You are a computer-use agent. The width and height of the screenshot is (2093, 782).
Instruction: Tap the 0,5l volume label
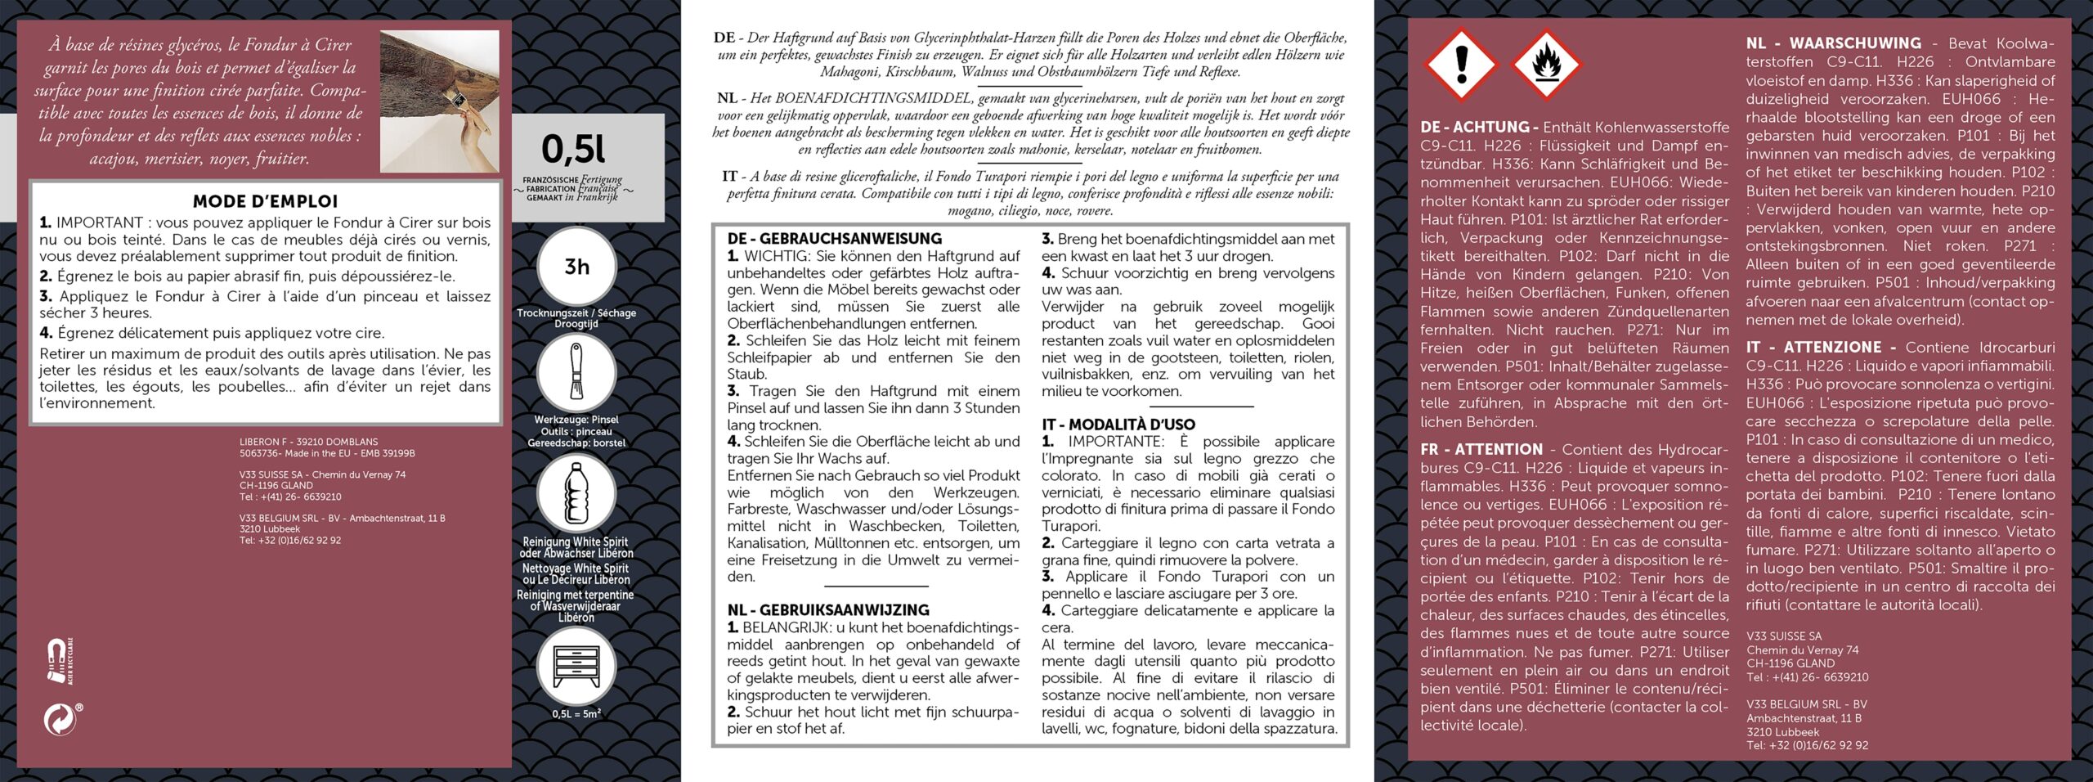pyautogui.click(x=574, y=149)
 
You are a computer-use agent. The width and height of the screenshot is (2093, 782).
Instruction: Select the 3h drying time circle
pyautogui.click(x=576, y=267)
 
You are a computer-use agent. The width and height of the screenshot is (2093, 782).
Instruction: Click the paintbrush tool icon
pyautogui.click(x=576, y=373)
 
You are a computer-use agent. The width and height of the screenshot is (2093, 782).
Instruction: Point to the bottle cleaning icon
pyautogui.click(x=576, y=493)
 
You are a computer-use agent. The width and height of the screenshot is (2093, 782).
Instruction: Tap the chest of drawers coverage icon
pyautogui.click(x=576, y=669)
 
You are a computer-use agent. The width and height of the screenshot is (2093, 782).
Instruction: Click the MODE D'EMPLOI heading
pyautogui.click(x=265, y=201)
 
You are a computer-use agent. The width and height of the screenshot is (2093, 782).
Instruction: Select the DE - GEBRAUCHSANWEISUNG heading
pyautogui.click(x=835, y=239)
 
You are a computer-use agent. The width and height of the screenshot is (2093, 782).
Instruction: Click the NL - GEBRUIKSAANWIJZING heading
pyautogui.click(x=828, y=610)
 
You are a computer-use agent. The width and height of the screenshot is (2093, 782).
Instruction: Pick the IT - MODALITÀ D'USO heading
pyautogui.click(x=1118, y=425)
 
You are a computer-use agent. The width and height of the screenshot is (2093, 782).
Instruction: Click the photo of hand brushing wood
pyautogui.click(x=440, y=101)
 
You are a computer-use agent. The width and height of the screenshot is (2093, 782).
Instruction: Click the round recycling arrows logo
pyautogui.click(x=60, y=720)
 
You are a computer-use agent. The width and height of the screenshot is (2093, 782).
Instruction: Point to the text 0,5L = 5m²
pyautogui.click(x=576, y=713)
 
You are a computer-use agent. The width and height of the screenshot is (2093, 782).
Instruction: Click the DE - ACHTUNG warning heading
pyautogui.click(x=1479, y=127)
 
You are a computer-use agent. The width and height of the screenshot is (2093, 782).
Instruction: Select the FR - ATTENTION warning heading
pyautogui.click(x=1481, y=449)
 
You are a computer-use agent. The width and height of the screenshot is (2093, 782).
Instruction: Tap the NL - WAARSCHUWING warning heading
pyautogui.click(x=1833, y=43)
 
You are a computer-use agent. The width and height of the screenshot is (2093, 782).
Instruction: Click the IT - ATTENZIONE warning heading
pyautogui.click(x=1820, y=348)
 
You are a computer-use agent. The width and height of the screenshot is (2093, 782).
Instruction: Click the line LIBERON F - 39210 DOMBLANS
pyautogui.click(x=308, y=442)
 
